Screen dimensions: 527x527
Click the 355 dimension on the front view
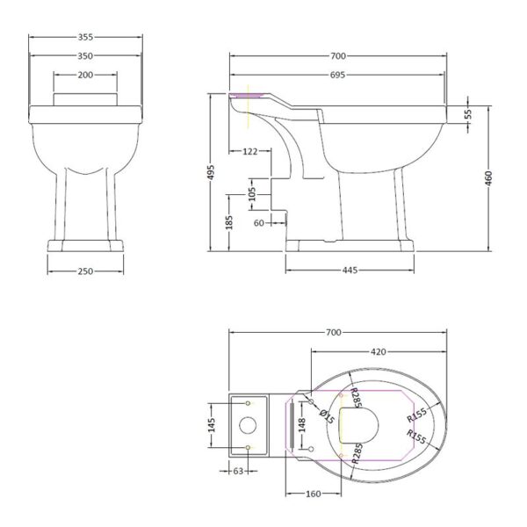pyautogui.click(x=85, y=37)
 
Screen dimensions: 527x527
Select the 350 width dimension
pyautogui.click(x=85, y=56)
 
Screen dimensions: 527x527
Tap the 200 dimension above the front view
pyautogui.click(x=85, y=75)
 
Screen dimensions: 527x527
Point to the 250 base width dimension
pyautogui.click(x=85, y=271)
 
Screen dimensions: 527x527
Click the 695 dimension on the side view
pyautogui.click(x=337, y=75)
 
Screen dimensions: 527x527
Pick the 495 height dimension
pyautogui.click(x=212, y=172)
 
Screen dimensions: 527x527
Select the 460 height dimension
pyautogui.click(x=488, y=178)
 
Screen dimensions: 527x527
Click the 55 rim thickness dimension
pyautogui.click(x=468, y=114)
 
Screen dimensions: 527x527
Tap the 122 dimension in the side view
pyautogui.click(x=250, y=152)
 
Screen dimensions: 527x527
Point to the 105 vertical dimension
pyautogui.click(x=252, y=194)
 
